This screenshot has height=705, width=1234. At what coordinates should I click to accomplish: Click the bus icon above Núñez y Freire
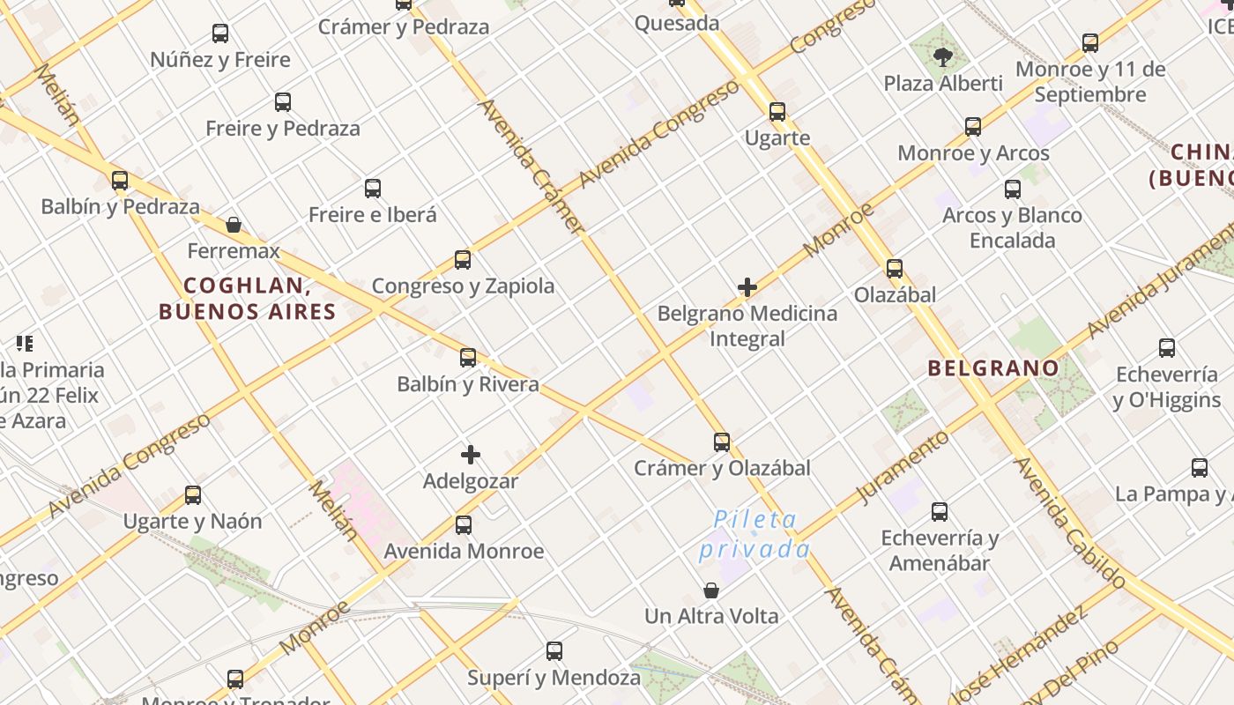point(220,33)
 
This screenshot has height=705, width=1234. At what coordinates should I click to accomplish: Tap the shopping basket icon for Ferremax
point(234,225)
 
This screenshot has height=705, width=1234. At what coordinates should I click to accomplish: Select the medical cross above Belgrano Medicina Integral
point(747,287)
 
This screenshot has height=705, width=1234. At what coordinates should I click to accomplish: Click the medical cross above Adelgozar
point(471,455)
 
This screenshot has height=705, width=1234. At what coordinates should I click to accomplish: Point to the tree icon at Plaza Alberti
point(943,58)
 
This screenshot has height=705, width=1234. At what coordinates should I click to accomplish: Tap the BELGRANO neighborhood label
point(993,368)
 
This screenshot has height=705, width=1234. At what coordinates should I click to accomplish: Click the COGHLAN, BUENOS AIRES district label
point(248,299)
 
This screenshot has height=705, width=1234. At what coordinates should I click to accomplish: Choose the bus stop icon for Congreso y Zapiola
point(463,260)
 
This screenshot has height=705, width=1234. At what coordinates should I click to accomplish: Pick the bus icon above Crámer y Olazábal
point(722,442)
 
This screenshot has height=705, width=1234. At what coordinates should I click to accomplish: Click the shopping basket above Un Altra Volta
point(711,590)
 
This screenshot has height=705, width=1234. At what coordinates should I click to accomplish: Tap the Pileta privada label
point(755,534)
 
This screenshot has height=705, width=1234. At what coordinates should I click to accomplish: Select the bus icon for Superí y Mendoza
point(554,651)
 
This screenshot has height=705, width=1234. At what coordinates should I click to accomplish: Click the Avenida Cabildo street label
point(1070,522)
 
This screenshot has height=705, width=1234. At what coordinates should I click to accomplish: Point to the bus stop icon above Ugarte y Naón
point(193,494)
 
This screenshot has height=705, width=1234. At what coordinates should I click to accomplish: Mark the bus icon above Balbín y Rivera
point(468,357)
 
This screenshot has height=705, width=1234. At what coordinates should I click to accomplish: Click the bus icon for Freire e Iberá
point(373,188)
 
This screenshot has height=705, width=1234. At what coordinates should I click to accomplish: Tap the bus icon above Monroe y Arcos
point(973,127)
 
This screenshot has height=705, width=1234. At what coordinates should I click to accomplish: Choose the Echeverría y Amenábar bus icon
point(940,511)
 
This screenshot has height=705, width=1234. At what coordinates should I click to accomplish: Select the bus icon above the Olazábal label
point(895,269)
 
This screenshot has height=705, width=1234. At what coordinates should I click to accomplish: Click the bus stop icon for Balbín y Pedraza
point(120,181)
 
